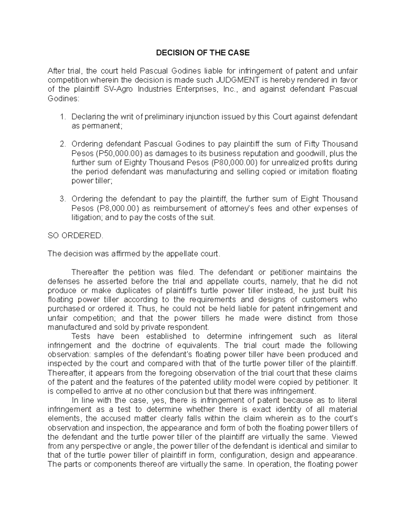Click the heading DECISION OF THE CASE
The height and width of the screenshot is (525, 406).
click(x=202, y=53)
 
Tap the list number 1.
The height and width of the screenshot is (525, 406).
click(x=62, y=117)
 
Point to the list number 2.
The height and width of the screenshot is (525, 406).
click(x=62, y=144)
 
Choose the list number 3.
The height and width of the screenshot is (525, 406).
click(x=62, y=199)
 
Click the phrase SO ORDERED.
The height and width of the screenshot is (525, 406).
click(x=75, y=236)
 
